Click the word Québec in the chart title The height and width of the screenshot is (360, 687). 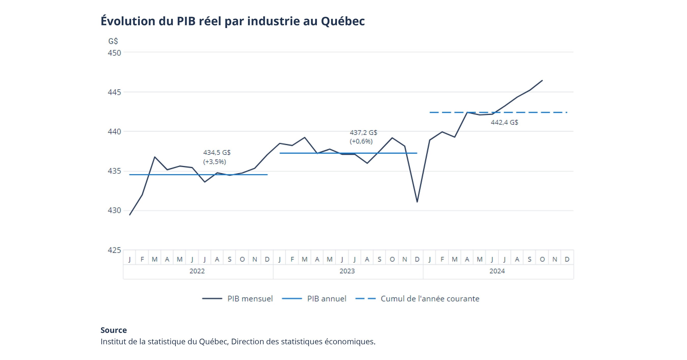pyautogui.click(x=342, y=21)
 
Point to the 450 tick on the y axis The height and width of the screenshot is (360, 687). pyautogui.click(x=114, y=53)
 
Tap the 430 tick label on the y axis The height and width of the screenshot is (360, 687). pyautogui.click(x=114, y=210)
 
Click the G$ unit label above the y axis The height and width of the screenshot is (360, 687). pyautogui.click(x=113, y=41)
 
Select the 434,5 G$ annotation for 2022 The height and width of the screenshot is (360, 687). pyautogui.click(x=217, y=153)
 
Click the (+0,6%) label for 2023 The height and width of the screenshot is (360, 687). pyautogui.click(x=361, y=141)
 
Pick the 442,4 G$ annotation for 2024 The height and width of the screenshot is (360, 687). pyautogui.click(x=504, y=122)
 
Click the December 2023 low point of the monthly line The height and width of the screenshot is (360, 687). pyautogui.click(x=417, y=202)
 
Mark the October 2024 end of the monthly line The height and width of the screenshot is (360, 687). pyautogui.click(x=542, y=80)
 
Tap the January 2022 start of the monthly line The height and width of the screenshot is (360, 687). pyautogui.click(x=130, y=215)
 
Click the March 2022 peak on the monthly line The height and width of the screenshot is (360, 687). pyautogui.click(x=155, y=157)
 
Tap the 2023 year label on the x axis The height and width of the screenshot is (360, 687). pyautogui.click(x=347, y=271)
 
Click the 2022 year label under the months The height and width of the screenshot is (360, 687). pyautogui.click(x=197, y=271)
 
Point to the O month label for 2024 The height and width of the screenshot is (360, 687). pyautogui.click(x=542, y=259)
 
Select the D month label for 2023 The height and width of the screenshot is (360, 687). pyautogui.click(x=417, y=259)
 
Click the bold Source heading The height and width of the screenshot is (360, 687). pyautogui.click(x=114, y=330)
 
